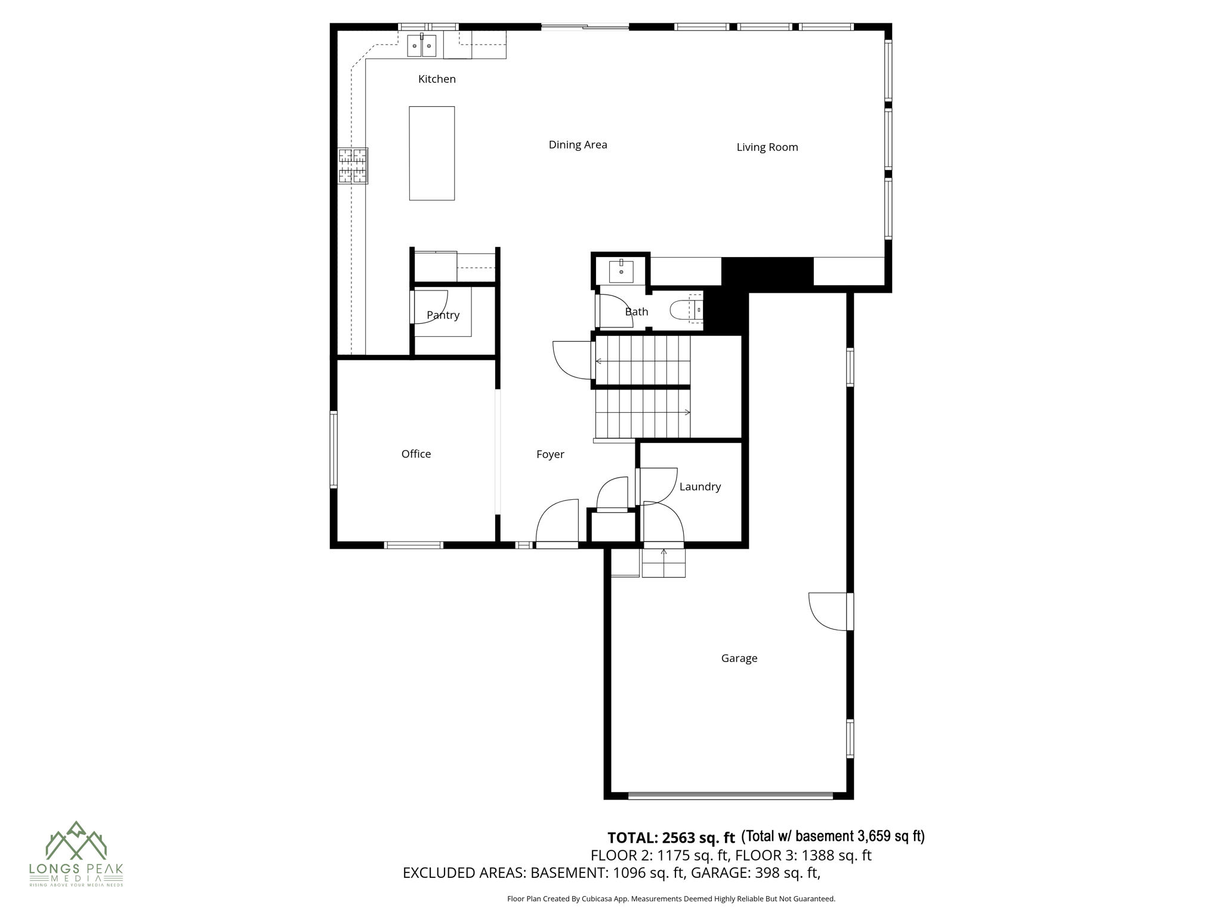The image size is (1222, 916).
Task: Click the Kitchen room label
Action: pyautogui.click(x=437, y=79)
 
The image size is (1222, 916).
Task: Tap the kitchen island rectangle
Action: pyautogui.click(x=431, y=153)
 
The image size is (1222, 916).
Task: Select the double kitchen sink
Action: pyautogui.click(x=421, y=46)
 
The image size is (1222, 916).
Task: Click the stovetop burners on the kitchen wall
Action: pyautogui.click(x=352, y=165)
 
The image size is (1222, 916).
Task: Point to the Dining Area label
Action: pyautogui.click(x=578, y=144)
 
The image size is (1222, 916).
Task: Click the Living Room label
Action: pyautogui.click(x=767, y=147)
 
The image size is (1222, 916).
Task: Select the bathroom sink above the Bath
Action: pyautogui.click(x=621, y=271)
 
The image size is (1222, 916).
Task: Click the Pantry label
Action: pyautogui.click(x=443, y=315)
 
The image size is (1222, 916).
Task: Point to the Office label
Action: pyautogui.click(x=416, y=454)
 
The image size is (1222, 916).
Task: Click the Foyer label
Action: pyautogui.click(x=550, y=454)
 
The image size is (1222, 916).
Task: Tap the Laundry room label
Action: pyautogui.click(x=699, y=487)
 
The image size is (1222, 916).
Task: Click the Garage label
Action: pyautogui.click(x=739, y=658)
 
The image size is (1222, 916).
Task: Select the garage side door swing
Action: pyautogui.click(x=828, y=611)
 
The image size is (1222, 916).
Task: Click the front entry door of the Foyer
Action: pyautogui.click(x=557, y=525)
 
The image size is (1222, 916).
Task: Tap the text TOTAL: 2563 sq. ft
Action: pyautogui.click(x=671, y=838)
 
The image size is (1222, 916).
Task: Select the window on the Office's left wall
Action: pyautogui.click(x=334, y=450)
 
